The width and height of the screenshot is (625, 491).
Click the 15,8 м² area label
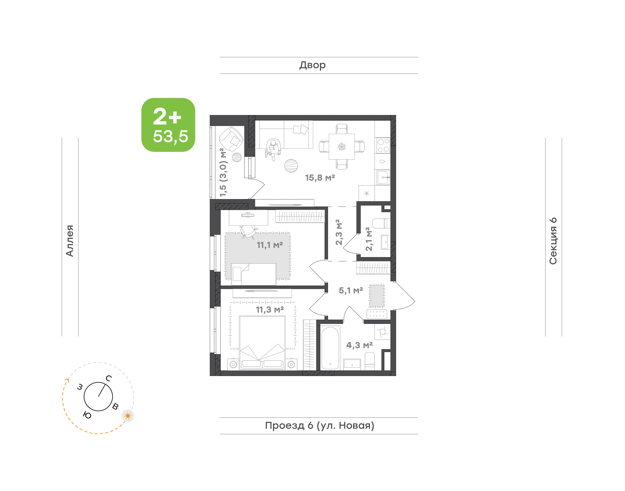point(320,178)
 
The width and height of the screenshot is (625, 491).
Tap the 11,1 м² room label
point(270,245)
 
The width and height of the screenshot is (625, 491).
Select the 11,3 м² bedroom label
point(270,310)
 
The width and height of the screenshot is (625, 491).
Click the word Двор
point(312,65)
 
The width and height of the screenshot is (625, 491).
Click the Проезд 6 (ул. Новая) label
point(320,426)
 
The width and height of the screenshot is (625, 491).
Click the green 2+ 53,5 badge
point(168,125)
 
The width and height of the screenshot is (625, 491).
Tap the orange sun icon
point(128,416)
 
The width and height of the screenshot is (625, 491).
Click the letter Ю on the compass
point(87,415)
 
